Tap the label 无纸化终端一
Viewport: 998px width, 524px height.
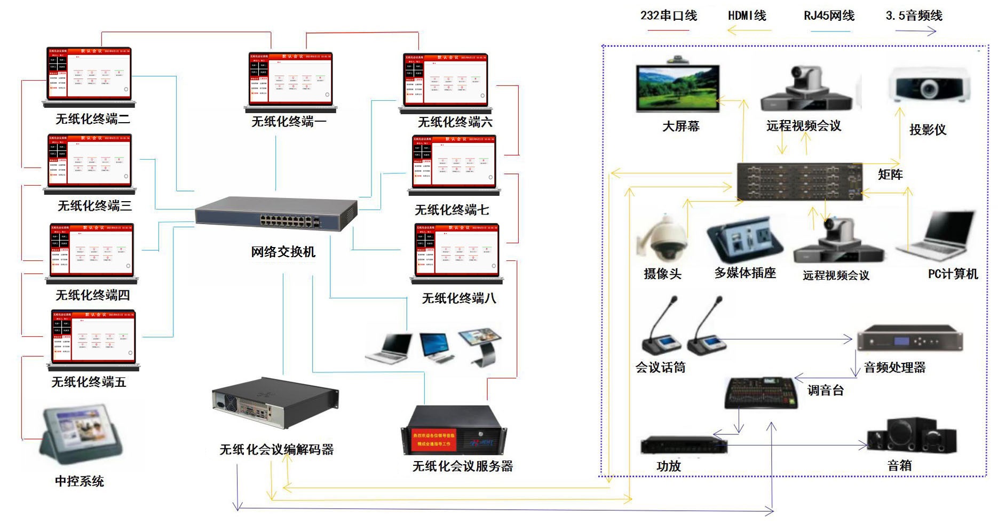tap(289, 122)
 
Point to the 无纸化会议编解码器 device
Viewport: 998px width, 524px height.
tap(275, 403)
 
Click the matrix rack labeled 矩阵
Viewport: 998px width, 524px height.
tap(799, 182)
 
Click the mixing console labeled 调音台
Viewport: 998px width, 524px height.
tap(761, 393)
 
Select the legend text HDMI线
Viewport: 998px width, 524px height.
tap(747, 16)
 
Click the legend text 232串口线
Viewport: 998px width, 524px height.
tap(668, 16)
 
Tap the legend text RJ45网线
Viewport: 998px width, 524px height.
tap(829, 16)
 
